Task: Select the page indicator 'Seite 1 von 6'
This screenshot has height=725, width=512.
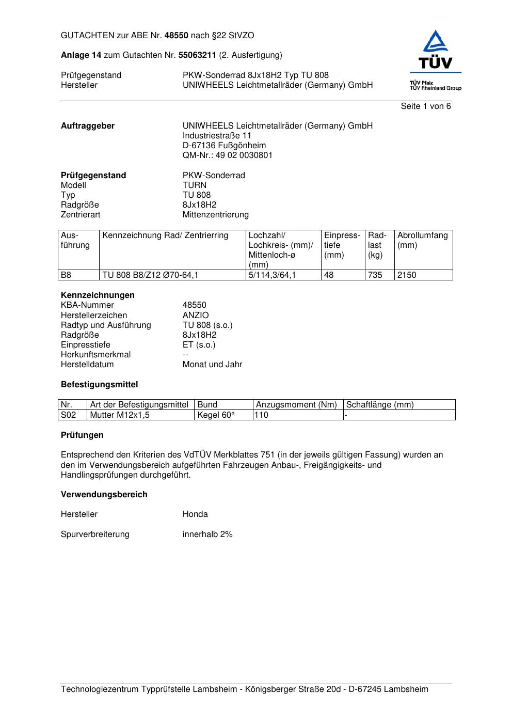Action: click(x=425, y=106)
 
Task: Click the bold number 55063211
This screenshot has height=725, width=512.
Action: click(x=197, y=55)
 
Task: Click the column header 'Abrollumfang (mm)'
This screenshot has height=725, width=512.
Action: click(x=422, y=241)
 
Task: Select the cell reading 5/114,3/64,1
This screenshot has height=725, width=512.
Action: click(x=272, y=275)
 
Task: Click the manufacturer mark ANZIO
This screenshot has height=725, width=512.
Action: click(x=196, y=316)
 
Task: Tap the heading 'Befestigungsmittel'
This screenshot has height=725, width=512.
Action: click(x=99, y=385)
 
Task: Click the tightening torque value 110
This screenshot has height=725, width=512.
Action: click(x=262, y=415)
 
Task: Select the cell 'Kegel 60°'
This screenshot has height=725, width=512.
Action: click(x=216, y=415)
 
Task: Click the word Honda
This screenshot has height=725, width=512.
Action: click(x=195, y=514)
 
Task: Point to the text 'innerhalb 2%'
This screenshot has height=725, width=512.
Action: click(x=207, y=534)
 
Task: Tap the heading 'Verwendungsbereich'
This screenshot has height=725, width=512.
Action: click(x=104, y=495)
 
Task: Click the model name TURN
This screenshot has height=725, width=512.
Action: click(x=194, y=185)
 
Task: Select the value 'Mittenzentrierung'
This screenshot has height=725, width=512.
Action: click(x=215, y=215)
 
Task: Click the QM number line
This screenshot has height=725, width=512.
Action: click(x=227, y=155)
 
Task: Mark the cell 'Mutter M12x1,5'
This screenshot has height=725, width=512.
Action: click(x=120, y=415)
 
